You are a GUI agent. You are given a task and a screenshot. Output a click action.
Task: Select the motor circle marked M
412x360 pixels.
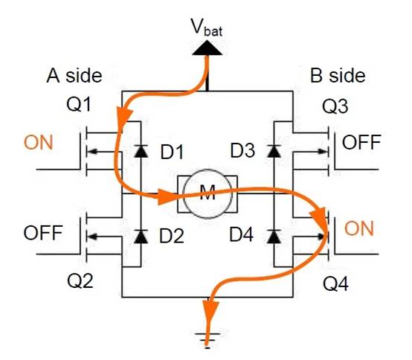click(x=206, y=196)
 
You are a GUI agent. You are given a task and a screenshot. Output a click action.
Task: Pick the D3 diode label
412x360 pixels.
click(x=242, y=152)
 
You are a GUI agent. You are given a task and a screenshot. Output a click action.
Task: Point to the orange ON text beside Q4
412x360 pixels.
click(x=360, y=228)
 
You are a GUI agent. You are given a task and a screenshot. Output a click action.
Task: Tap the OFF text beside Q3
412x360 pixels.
click(x=361, y=143)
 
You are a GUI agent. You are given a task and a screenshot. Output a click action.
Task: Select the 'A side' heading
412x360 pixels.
click(x=74, y=75)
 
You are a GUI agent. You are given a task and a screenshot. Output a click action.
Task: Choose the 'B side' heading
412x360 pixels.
click(x=338, y=75)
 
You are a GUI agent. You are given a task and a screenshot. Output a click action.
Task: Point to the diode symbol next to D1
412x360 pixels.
click(x=139, y=152)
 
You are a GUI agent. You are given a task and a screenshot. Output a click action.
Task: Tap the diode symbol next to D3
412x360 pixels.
click(x=274, y=152)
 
